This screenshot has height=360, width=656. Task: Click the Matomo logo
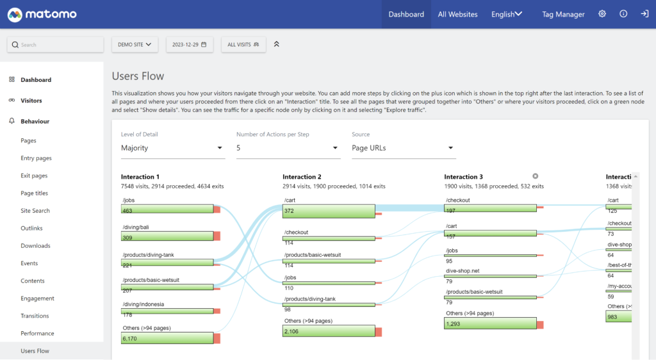(x=42, y=14)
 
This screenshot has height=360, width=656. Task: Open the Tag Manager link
(x=563, y=14)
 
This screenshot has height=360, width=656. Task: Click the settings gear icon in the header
(x=602, y=14)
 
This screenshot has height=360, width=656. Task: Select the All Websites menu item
(x=457, y=14)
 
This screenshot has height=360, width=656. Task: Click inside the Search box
(x=56, y=45)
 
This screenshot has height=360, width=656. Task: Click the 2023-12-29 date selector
(x=189, y=45)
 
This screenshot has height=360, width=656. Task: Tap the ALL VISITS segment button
(x=243, y=45)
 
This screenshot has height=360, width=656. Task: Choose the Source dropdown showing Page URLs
(x=404, y=148)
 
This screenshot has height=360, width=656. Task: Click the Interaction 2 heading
(x=302, y=177)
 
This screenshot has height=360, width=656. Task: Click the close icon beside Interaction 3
(x=536, y=176)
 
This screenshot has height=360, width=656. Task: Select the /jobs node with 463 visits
(x=167, y=209)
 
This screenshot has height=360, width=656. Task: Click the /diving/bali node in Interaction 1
(x=167, y=236)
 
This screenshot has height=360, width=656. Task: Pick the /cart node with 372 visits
(x=329, y=211)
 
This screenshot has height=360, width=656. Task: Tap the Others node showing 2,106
(x=329, y=331)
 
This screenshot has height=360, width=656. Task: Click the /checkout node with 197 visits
(x=490, y=208)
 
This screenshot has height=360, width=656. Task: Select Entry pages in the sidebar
(x=36, y=158)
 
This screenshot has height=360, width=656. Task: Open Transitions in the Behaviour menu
(x=35, y=316)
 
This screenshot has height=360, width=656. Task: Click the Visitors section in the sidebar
(x=31, y=101)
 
